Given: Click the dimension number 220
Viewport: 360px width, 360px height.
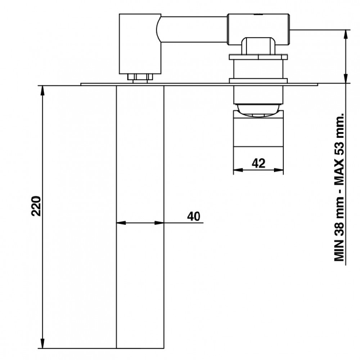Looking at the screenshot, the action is [x=36, y=206].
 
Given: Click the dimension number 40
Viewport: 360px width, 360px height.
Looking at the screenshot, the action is [x=194, y=216].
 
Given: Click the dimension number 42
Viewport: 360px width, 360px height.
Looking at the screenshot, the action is [x=258, y=163].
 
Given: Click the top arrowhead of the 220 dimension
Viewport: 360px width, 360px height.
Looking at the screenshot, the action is [x=42, y=91].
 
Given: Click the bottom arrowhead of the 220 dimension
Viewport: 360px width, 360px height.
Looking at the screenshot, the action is [x=42, y=343].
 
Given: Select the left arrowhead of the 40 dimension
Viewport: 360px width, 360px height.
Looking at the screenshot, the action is [x=121, y=223].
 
